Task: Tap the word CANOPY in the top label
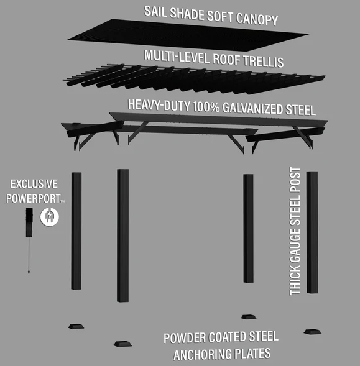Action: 257,19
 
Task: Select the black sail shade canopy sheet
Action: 188,35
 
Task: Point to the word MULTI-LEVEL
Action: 177,57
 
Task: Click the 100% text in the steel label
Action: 206,107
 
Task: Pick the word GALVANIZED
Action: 252,108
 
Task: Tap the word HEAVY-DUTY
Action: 159,105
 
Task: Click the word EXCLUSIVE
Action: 34,184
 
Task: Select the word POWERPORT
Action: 34,199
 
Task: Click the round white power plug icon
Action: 50,217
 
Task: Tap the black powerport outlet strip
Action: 29,222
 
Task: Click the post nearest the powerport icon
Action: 76,231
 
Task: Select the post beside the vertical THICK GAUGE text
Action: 312,232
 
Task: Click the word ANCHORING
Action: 222,354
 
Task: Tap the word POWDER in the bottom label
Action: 185,338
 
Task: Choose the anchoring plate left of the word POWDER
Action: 122,344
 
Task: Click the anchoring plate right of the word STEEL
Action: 313,332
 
